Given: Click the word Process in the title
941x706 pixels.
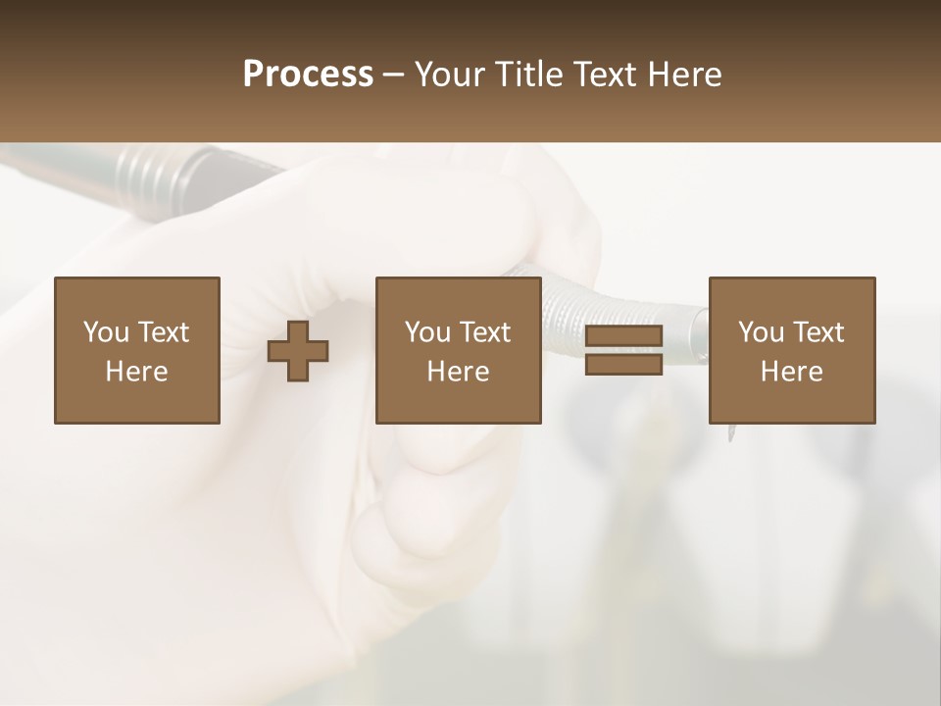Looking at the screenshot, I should (x=308, y=75).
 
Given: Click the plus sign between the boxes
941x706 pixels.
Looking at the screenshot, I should (x=298, y=351).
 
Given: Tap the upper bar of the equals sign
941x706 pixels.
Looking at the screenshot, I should (x=623, y=336).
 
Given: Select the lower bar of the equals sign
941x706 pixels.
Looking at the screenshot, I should (x=623, y=364).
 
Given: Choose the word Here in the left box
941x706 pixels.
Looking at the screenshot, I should (x=136, y=372).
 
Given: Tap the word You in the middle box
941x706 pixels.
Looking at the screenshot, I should (x=428, y=332).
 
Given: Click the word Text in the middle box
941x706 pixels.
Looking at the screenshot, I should (x=485, y=332).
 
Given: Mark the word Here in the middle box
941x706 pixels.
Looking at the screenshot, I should (x=458, y=372).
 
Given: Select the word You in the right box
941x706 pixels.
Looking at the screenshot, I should (x=762, y=332).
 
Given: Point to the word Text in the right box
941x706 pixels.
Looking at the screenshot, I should (x=818, y=332).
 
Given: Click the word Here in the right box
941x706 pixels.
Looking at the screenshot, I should (x=791, y=372).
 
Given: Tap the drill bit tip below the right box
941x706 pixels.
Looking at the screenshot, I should (x=730, y=433).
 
